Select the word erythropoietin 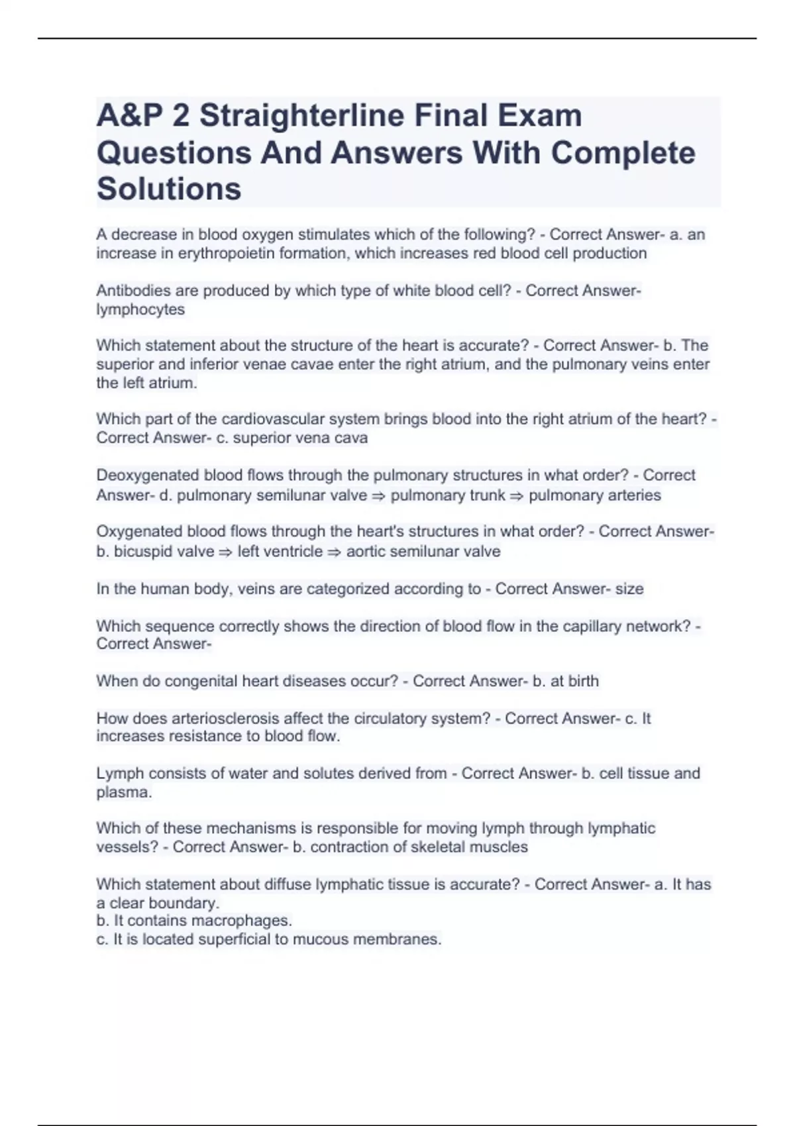tap(228, 253)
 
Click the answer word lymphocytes tap(140, 309)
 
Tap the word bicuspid tap(142, 551)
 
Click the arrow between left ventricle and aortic tap(335, 552)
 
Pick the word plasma tap(123, 792)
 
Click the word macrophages tap(241, 921)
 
